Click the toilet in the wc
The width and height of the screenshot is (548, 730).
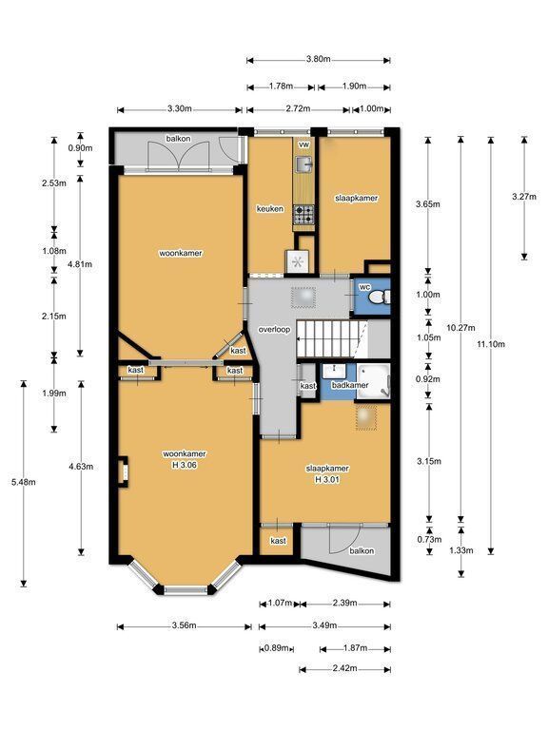[380, 297]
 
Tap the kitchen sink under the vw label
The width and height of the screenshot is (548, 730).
[304, 163]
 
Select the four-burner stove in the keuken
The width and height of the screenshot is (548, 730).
[303, 215]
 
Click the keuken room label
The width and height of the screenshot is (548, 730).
[270, 209]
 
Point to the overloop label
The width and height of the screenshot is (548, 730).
[274, 330]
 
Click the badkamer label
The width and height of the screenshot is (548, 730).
[350, 385]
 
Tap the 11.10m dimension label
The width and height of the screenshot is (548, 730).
[491, 344]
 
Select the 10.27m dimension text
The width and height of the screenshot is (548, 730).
[460, 328]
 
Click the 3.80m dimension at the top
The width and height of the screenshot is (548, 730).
[319, 59]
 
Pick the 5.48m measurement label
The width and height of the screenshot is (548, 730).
[23, 482]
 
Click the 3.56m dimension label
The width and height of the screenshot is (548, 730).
[184, 625]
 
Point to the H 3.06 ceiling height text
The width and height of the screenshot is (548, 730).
[185, 465]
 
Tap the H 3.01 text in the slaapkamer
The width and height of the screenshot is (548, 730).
[327, 479]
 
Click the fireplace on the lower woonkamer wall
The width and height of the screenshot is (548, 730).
[123, 472]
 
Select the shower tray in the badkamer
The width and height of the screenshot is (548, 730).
[373, 381]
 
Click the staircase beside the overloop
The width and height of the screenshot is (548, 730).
[332, 339]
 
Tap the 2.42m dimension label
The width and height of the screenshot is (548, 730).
[344, 668]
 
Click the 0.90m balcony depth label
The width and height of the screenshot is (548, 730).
[80, 148]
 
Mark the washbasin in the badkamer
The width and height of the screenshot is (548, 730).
[334, 371]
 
